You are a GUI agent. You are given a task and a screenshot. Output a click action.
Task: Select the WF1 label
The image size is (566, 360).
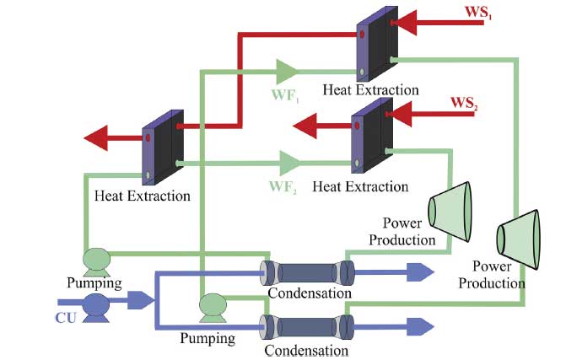[285, 94]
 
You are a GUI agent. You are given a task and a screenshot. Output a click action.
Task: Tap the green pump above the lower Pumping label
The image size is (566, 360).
[211, 304]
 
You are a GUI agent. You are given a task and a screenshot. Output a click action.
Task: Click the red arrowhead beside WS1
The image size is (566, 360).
[405, 23]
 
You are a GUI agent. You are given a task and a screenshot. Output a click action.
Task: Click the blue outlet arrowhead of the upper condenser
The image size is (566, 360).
[419, 271]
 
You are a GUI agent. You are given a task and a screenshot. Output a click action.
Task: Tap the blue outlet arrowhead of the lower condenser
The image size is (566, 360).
[419, 325]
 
